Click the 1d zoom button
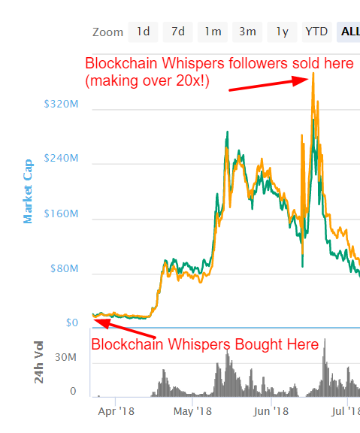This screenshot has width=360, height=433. [x=143, y=32]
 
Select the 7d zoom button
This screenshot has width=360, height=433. [x=177, y=32]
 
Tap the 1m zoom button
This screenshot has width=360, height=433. [x=213, y=32]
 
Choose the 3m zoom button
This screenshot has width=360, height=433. [x=247, y=32]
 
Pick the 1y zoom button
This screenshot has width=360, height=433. [x=282, y=32]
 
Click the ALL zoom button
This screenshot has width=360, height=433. [x=349, y=32]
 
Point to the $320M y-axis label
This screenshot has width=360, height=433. [x=61, y=105]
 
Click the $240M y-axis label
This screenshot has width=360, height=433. [x=61, y=159]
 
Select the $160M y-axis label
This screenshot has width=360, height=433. [x=61, y=214]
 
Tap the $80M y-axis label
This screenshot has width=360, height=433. [x=63, y=269]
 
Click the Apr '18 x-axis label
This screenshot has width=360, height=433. [x=116, y=411]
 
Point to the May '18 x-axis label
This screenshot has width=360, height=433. [x=192, y=411]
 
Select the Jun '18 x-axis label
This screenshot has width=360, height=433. [x=271, y=411]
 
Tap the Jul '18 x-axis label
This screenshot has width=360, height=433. [x=346, y=411]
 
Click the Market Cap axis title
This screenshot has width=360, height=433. [x=29, y=191]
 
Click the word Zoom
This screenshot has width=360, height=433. [x=107, y=32]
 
